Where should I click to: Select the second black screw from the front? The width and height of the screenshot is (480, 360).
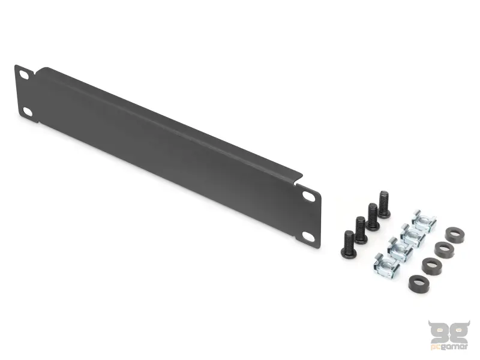[x=361, y=231]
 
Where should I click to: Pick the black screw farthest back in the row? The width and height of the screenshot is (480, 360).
[x=384, y=206]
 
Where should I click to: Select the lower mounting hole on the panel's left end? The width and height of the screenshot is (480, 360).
[x=28, y=112]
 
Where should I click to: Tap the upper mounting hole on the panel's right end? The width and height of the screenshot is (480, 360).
[x=308, y=196]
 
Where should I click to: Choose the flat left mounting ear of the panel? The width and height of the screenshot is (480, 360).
[x=25, y=93]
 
